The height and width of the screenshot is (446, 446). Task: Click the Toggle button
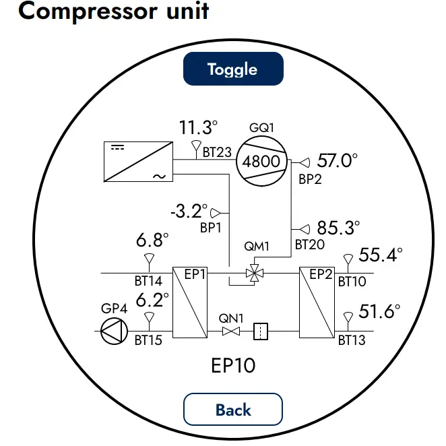(x=233, y=69)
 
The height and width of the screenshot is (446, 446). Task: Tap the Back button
(x=233, y=410)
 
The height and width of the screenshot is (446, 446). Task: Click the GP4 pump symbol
(x=114, y=331)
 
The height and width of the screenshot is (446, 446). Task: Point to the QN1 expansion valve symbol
(x=231, y=331)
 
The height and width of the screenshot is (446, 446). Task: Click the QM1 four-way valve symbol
(x=255, y=274)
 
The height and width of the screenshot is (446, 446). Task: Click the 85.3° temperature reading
(x=338, y=228)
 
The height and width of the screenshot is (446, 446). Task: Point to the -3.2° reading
(x=189, y=211)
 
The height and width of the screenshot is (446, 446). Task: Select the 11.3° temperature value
(x=198, y=127)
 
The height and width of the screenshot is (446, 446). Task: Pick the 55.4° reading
(x=381, y=255)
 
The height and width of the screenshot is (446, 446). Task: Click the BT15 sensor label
(x=148, y=340)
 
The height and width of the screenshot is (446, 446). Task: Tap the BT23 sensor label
(x=217, y=152)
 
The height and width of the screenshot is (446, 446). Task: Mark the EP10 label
(x=233, y=365)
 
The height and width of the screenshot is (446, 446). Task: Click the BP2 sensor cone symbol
(x=305, y=162)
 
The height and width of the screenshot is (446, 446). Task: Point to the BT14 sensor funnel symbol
(x=150, y=259)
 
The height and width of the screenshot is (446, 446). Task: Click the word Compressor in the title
(x=88, y=11)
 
